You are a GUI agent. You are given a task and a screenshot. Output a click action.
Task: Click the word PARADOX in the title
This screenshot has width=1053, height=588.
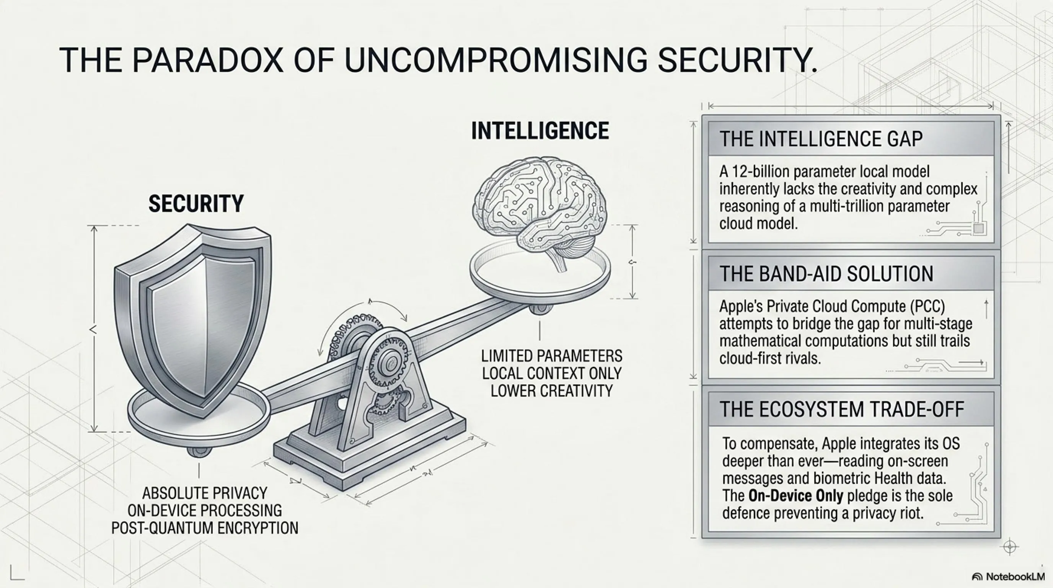207,60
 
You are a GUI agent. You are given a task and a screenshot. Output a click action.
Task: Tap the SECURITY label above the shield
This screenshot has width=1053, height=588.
196,204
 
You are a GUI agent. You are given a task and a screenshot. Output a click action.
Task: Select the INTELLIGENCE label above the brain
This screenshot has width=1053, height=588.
540,131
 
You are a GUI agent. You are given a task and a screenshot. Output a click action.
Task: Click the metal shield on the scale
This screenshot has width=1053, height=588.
192,319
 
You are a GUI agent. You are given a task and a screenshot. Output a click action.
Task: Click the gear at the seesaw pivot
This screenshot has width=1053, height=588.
390,362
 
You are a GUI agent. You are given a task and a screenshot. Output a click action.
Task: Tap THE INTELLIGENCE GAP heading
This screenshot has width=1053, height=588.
821,139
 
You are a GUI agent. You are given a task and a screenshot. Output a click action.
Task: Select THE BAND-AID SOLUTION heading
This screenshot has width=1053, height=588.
826,274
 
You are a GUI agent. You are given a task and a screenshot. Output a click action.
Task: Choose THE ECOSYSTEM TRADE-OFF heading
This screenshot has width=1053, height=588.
842,409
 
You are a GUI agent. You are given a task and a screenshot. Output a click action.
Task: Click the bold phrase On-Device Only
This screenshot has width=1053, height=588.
795,496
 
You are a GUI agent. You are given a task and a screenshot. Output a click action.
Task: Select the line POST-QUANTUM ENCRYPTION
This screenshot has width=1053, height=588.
205,528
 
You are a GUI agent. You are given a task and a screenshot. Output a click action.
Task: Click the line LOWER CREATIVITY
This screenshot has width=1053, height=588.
551,391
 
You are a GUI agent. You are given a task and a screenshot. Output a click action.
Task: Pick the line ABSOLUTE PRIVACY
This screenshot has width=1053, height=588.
205,493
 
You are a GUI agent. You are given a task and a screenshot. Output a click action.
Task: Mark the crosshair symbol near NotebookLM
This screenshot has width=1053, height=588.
1010,547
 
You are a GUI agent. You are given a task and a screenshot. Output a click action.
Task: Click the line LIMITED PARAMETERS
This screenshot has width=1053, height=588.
551,356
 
